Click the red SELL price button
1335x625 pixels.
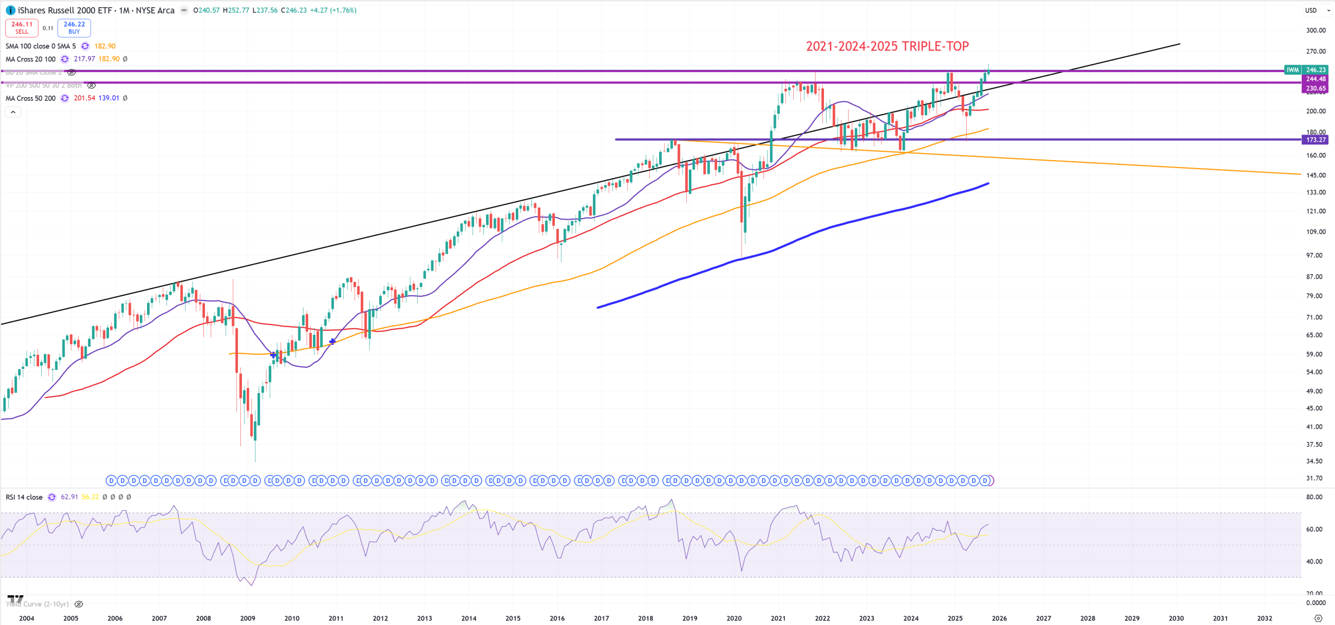(22, 28)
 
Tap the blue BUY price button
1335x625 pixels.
(74, 28)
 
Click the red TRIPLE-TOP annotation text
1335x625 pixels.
(887, 46)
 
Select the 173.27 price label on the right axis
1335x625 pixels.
(1316, 140)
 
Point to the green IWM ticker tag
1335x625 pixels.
(1292, 70)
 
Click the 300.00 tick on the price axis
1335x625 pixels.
(1315, 30)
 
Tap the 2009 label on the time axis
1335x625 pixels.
(248, 618)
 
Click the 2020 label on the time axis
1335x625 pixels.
(734, 618)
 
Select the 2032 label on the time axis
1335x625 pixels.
(1265, 618)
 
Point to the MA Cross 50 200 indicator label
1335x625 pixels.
(31, 98)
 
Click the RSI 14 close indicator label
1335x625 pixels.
(24, 497)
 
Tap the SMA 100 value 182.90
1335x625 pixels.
(105, 46)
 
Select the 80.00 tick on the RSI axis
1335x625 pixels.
(1314, 497)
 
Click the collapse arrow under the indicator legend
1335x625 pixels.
(13, 112)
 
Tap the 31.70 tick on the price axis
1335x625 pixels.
(1314, 478)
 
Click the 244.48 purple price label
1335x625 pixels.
(1316, 79)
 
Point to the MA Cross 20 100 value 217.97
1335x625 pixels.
(84, 59)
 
